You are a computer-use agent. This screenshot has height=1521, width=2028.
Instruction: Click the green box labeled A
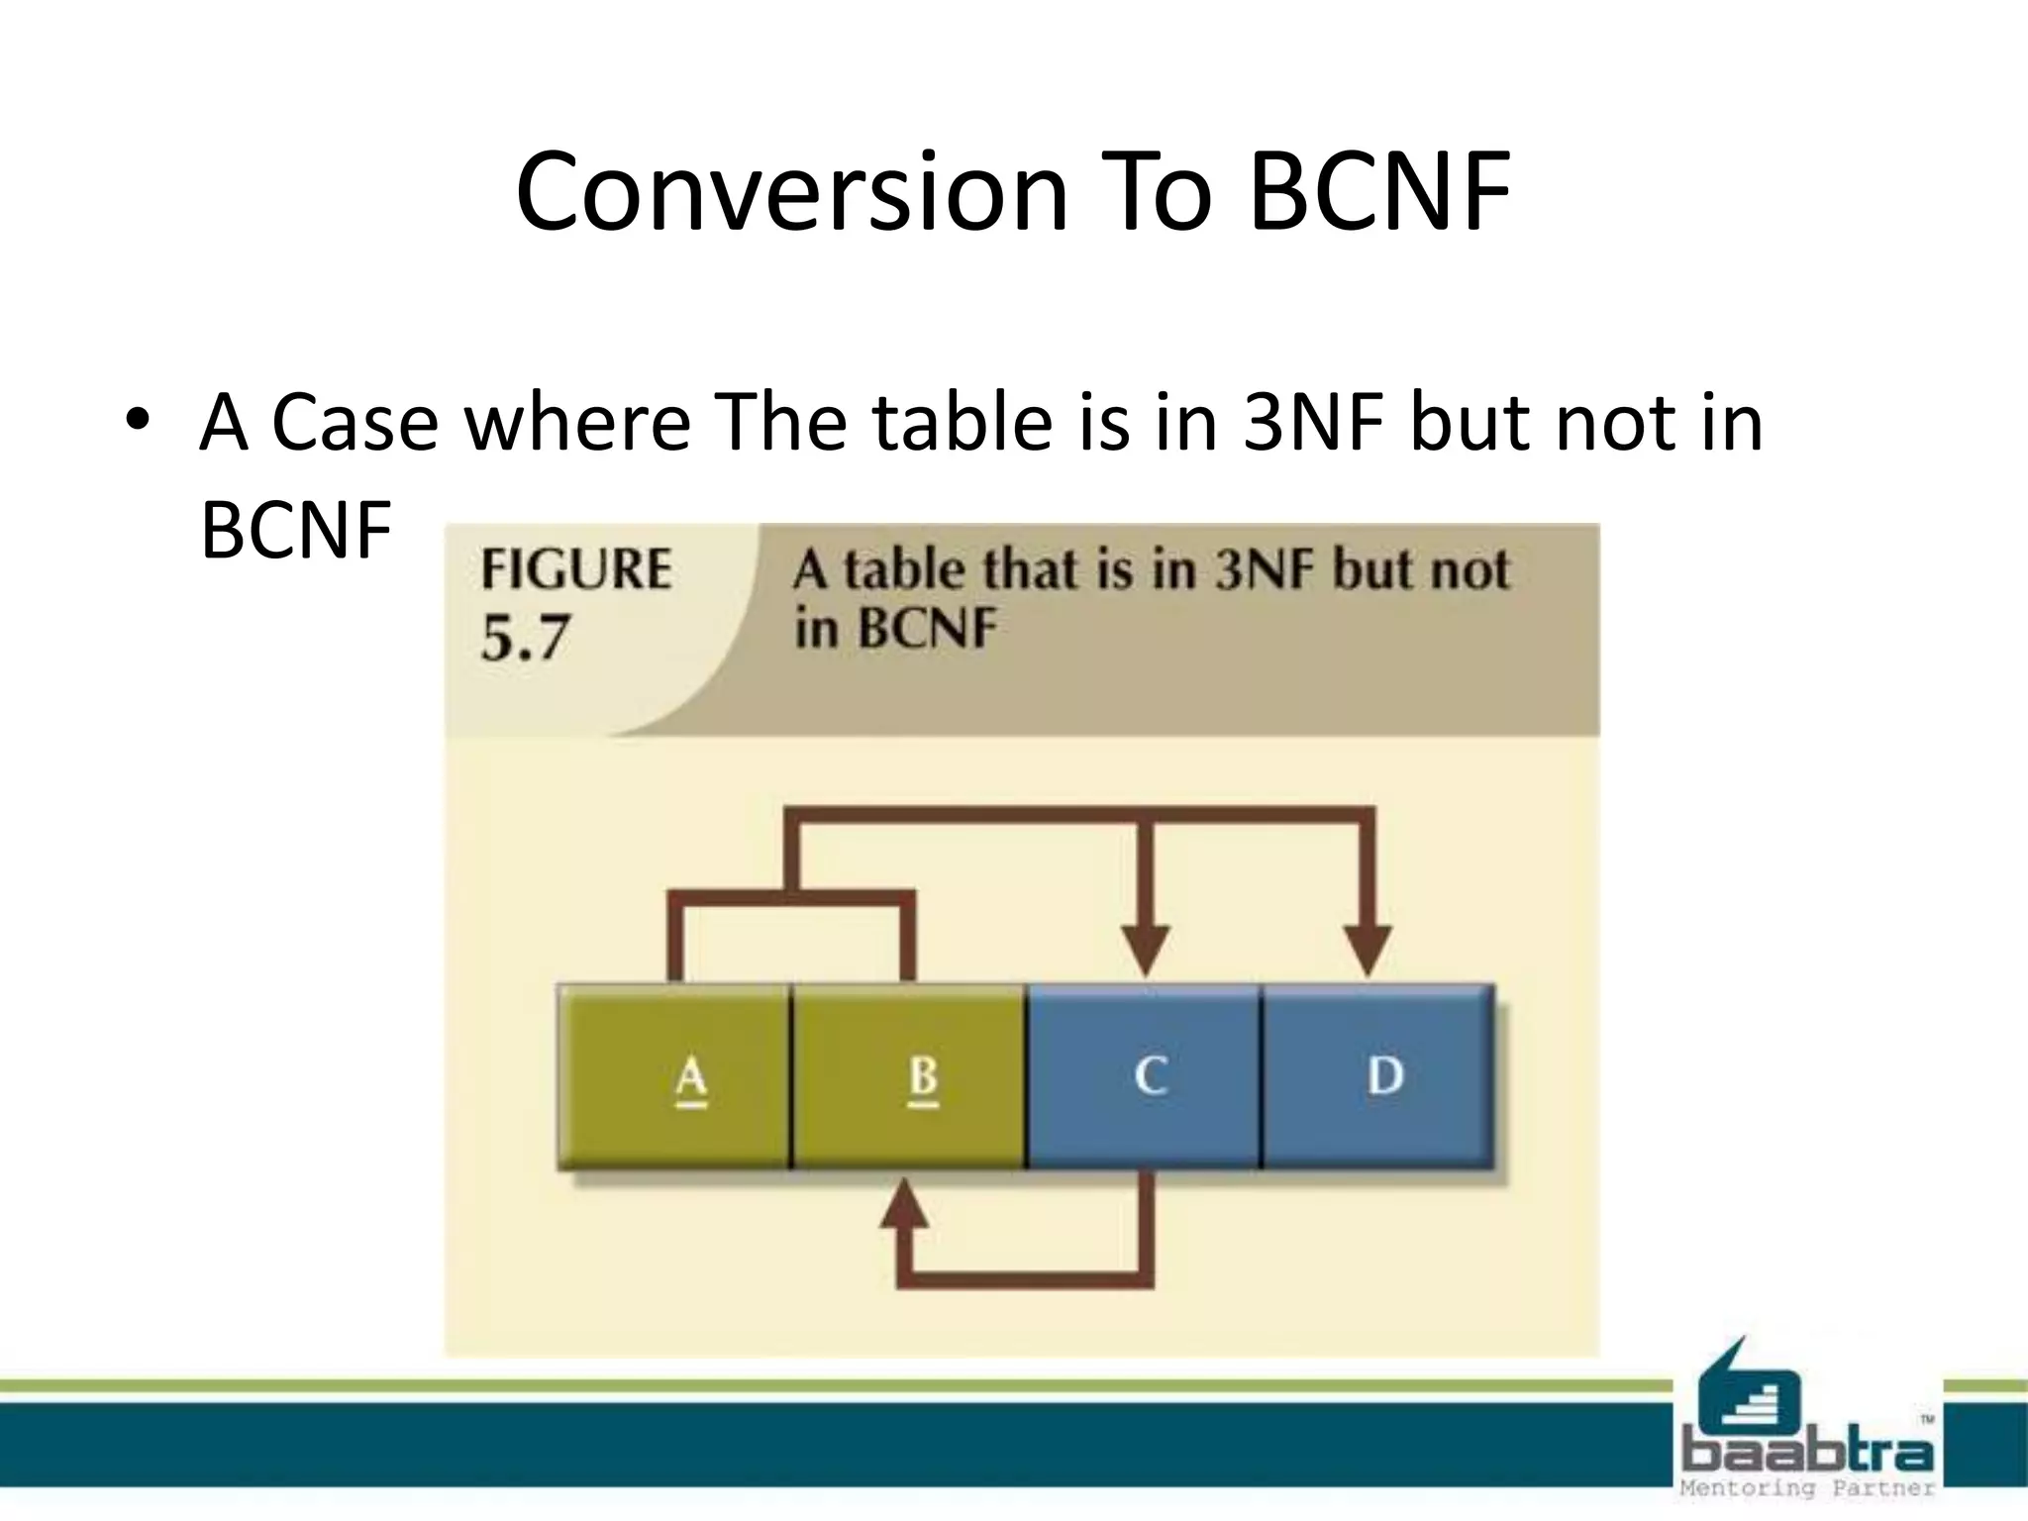[675, 1076]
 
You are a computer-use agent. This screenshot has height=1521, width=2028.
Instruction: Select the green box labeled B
[909, 1076]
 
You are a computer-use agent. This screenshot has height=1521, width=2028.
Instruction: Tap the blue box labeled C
[1145, 1076]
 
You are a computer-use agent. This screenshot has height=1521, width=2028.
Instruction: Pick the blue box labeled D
[1378, 1076]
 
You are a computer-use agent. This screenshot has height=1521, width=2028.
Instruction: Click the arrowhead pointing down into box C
[1146, 950]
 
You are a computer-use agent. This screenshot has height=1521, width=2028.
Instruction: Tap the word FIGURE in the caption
[576, 570]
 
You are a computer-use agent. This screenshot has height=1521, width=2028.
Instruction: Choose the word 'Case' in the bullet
[355, 422]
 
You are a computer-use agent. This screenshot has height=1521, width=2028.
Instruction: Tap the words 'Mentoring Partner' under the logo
[1808, 1488]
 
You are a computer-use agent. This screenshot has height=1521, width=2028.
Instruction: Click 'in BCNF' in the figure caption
[895, 628]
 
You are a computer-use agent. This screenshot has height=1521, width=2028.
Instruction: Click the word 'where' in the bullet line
[577, 422]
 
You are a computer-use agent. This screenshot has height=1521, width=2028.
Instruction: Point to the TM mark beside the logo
[1927, 1420]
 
